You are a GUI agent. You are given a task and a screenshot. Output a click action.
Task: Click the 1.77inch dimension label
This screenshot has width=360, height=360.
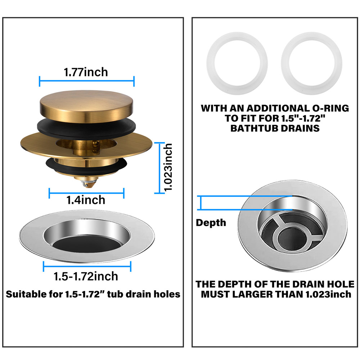point(86,72)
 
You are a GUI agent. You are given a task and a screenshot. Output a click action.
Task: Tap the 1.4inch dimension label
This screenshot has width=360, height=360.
point(86,200)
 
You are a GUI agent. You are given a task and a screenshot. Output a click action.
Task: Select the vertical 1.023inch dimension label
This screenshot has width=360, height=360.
point(168,167)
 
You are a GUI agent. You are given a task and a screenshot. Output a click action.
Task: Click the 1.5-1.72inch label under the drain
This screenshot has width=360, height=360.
point(86,276)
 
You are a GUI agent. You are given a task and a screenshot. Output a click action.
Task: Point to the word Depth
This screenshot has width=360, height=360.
point(211,223)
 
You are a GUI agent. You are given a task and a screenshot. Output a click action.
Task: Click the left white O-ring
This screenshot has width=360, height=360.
point(237,63)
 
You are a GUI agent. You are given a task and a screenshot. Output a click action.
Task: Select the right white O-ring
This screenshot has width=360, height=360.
point(311,63)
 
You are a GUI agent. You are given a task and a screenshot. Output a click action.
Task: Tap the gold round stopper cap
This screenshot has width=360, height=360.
point(86,106)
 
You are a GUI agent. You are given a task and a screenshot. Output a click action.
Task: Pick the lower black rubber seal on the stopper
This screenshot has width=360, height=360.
point(86,165)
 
